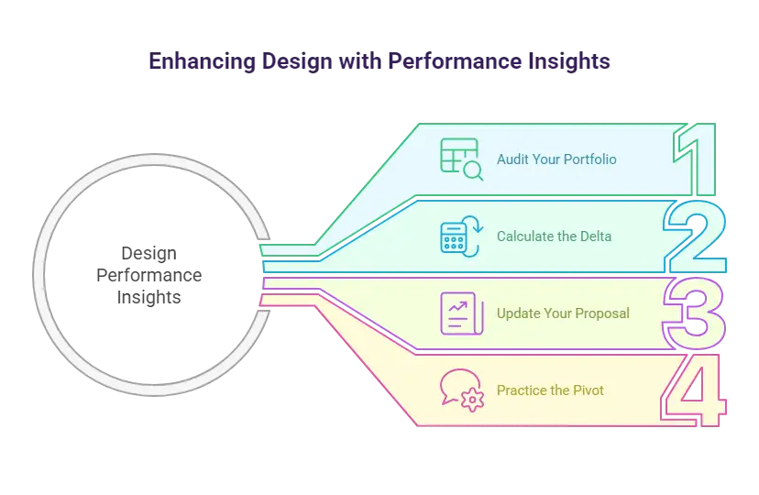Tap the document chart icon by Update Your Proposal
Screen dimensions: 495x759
coord(456,313)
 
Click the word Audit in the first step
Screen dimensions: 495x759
coord(511,159)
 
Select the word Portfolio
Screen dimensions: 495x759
coord(589,159)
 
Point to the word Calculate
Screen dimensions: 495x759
coord(525,236)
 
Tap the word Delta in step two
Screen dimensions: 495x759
coord(595,236)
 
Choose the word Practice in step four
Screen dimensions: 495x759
coord(522,390)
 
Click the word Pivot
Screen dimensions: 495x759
coord(588,390)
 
